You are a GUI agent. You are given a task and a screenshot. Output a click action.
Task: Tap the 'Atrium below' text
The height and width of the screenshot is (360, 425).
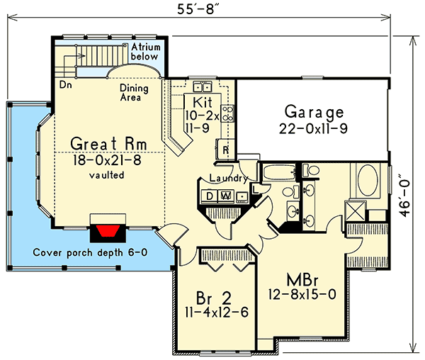click(x=146, y=51)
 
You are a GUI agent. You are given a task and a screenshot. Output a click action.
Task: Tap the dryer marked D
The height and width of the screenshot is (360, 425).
click(x=211, y=196)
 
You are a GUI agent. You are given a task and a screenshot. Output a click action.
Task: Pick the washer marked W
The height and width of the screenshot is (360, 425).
click(x=227, y=196)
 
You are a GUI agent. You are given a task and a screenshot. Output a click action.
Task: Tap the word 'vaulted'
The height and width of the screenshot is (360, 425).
click(x=106, y=174)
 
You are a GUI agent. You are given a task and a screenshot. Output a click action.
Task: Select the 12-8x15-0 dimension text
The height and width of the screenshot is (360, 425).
click(x=302, y=292)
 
